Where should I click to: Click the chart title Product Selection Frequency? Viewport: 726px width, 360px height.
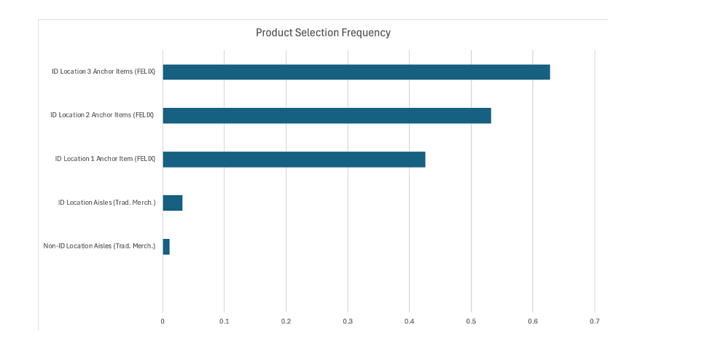323,33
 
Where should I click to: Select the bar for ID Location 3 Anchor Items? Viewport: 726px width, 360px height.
356,72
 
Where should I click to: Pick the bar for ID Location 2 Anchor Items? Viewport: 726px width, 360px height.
327,115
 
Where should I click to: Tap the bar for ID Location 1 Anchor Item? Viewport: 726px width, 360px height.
294,160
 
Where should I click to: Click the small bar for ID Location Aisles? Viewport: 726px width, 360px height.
172,203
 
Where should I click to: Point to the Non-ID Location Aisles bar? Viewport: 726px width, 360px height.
166,247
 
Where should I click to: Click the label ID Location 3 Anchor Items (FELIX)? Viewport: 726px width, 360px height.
104,71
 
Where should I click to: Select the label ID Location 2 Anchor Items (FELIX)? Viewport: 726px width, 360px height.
102,115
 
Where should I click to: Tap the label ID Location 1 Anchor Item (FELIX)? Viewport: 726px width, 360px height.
105,159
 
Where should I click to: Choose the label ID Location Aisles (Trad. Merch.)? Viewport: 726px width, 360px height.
107,203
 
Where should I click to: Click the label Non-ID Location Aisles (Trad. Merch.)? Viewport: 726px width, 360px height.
99,246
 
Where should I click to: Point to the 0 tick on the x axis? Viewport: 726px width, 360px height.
163,321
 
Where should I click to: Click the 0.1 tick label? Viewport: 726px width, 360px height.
225,321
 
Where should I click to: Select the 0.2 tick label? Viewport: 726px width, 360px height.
286,321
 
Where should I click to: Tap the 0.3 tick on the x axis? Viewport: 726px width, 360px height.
348,321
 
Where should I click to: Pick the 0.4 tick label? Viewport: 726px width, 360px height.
409,321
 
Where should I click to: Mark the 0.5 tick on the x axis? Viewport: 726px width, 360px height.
471,321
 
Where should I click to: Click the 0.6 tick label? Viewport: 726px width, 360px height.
533,321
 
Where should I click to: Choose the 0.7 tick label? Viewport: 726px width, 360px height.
594,321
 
